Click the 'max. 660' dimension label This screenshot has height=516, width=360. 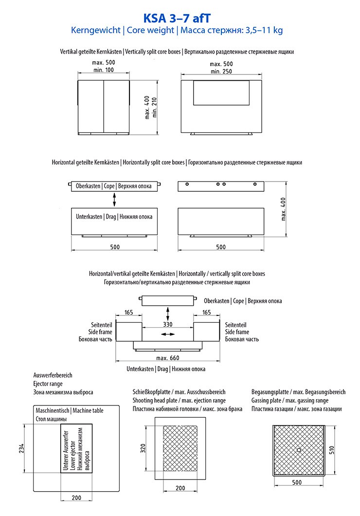point(168,358)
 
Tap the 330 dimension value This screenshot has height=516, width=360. point(168,324)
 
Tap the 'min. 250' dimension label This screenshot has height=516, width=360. point(221,72)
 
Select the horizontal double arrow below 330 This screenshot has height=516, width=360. point(168,334)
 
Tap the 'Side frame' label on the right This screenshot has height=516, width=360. point(237,332)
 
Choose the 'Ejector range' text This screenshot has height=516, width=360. point(48,384)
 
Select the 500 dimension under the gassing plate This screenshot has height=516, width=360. point(297,482)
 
